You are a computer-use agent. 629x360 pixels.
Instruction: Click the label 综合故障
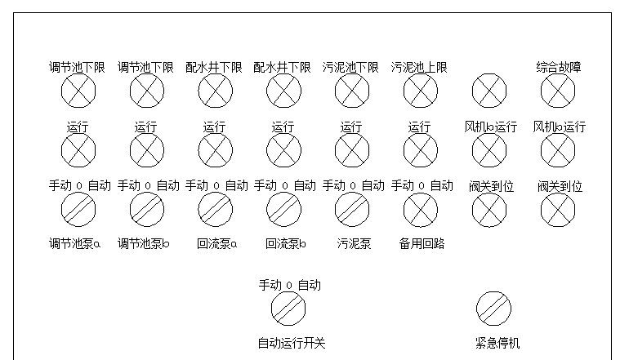[x=559, y=68]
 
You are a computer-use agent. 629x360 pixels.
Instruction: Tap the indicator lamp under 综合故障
[x=558, y=91]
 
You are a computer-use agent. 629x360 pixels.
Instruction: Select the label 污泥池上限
[x=419, y=68]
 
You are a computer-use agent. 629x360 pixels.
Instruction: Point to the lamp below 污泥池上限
[x=421, y=91]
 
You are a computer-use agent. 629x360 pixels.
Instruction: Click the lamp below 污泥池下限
[x=352, y=91]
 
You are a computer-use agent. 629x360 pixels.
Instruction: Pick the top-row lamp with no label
[x=489, y=91]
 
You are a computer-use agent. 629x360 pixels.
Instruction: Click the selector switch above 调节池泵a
[x=78, y=210]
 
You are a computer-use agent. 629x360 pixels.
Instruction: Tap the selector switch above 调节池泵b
[x=147, y=210]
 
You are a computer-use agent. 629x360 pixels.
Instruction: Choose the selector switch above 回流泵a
[x=215, y=210]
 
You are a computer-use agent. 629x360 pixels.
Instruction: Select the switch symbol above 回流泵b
[x=283, y=210]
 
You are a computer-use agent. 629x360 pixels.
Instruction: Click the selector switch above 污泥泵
[x=352, y=210]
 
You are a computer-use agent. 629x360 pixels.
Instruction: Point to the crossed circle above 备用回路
[x=421, y=210]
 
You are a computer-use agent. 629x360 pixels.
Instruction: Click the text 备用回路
[x=422, y=244]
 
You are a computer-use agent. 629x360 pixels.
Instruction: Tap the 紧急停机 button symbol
[x=493, y=309]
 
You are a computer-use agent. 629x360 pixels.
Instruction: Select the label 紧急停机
[x=497, y=343]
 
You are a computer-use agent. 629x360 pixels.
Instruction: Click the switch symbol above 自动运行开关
[x=288, y=309]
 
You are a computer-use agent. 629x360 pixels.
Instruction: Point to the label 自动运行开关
[x=292, y=343]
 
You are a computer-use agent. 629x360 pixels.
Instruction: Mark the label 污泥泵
[x=354, y=244]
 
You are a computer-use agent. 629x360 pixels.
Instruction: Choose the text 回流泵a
[x=216, y=244]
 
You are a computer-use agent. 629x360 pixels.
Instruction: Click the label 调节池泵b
[x=143, y=244]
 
